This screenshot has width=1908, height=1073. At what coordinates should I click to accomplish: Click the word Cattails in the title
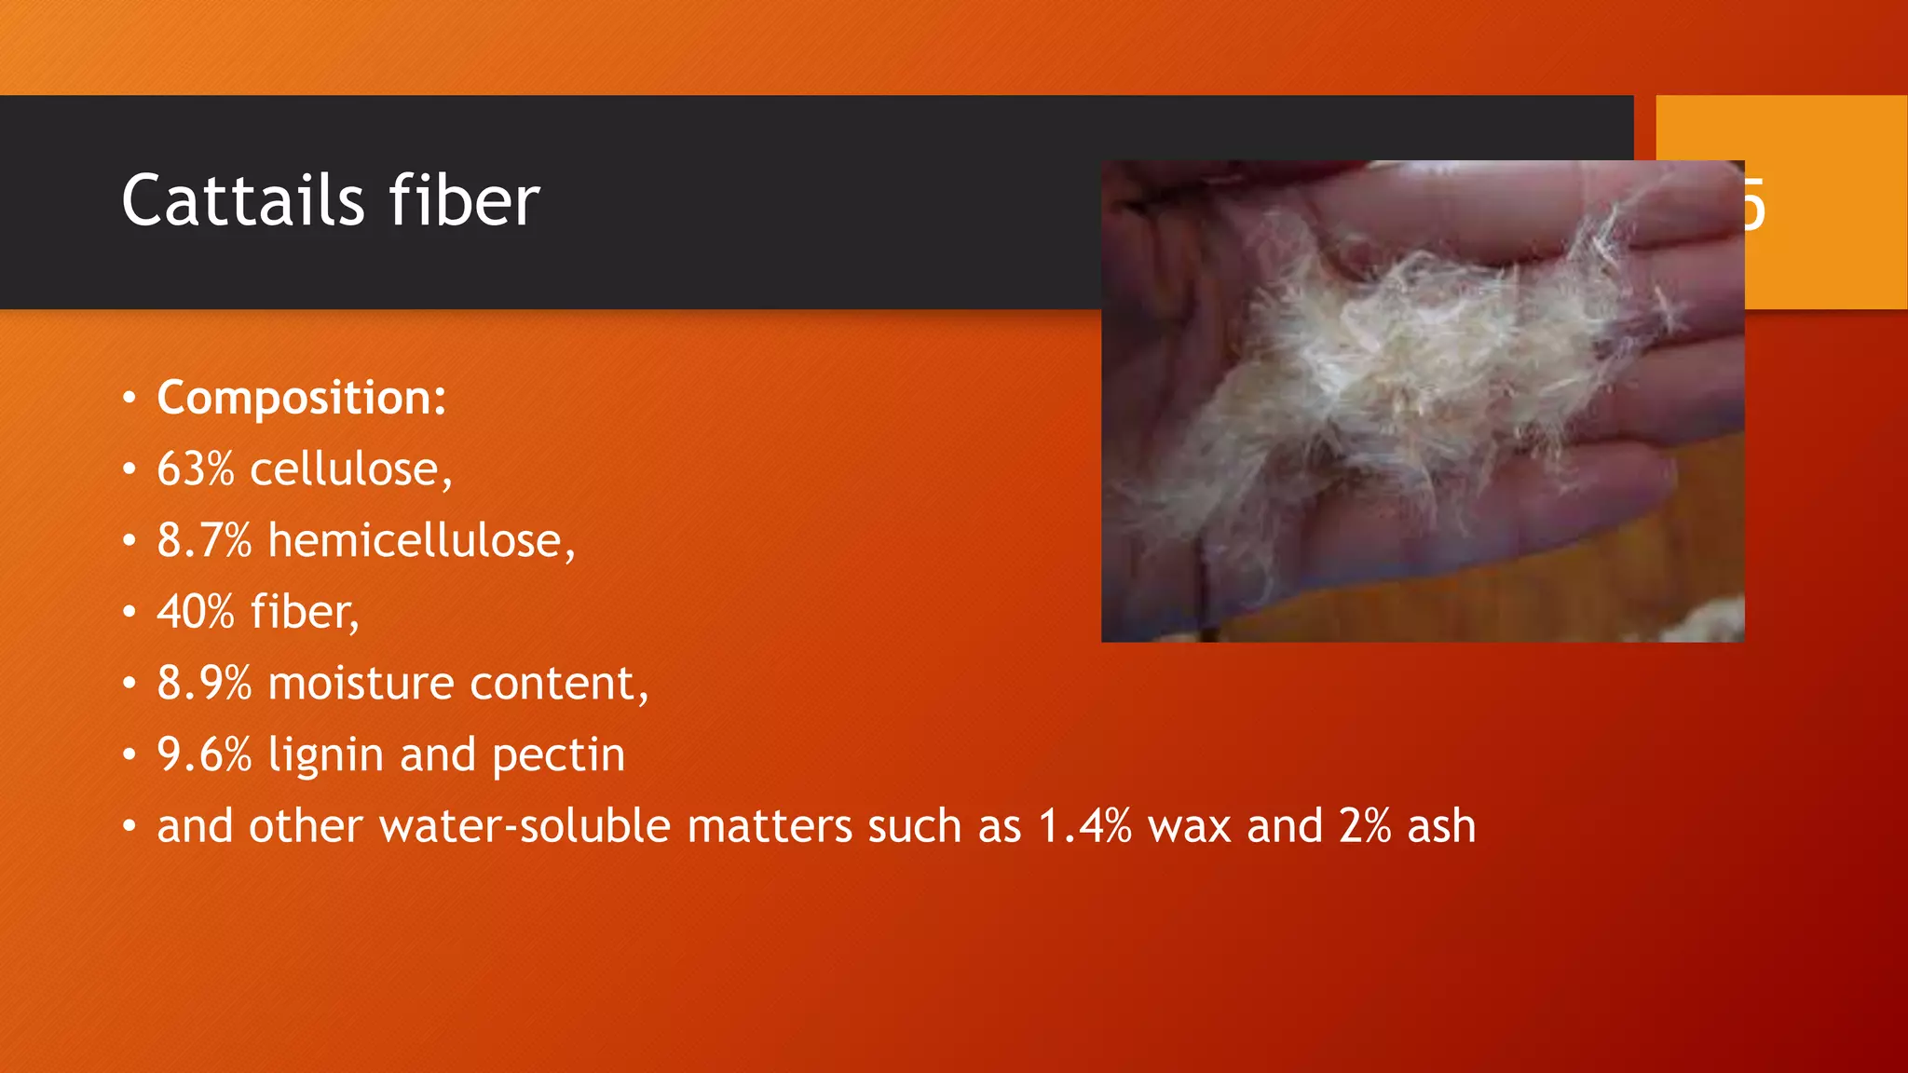[x=243, y=201]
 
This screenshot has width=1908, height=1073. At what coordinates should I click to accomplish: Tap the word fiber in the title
[x=463, y=201]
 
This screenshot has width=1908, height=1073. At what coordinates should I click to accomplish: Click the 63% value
[x=196, y=469]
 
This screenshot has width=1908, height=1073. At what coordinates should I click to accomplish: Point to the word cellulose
[x=349, y=469]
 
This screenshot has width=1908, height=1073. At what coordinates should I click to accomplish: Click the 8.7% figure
[x=204, y=541]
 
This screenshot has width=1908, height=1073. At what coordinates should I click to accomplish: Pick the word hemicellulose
[x=420, y=541]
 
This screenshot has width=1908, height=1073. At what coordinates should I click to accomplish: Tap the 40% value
[x=196, y=613]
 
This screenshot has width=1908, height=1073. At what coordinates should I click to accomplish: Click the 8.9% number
[x=204, y=684]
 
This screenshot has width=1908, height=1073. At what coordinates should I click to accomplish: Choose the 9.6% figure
[x=204, y=755]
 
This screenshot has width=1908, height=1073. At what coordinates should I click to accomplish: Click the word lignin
[x=325, y=755]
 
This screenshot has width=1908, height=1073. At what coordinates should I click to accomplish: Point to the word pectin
[x=558, y=755]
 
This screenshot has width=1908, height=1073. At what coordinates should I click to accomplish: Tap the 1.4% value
[x=1084, y=827]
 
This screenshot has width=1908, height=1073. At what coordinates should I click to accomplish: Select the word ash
[x=1441, y=827]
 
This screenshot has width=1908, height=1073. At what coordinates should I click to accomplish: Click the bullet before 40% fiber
[x=129, y=613]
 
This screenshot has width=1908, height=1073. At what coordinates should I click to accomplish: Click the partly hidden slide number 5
[x=1754, y=205]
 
